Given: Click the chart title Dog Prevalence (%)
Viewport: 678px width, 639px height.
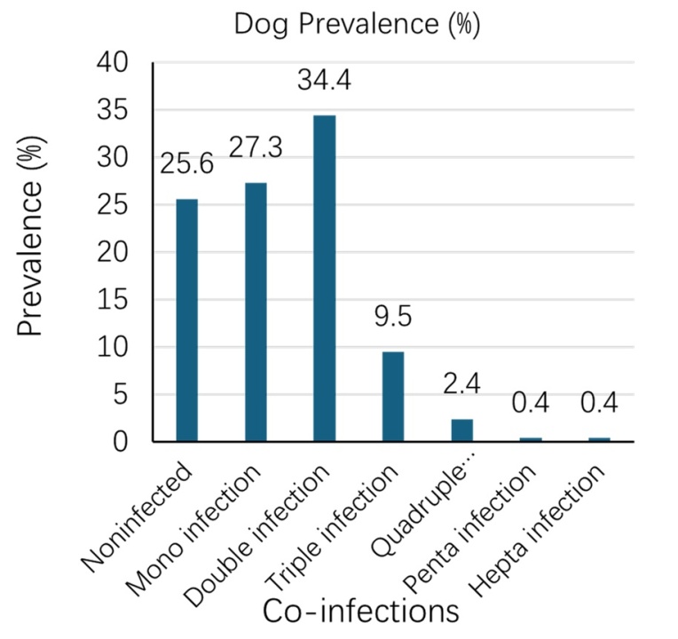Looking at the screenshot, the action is [x=357, y=24].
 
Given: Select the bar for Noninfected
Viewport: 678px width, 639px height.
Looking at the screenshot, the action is [x=186, y=320].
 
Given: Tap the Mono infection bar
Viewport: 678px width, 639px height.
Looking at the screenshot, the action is [x=256, y=312].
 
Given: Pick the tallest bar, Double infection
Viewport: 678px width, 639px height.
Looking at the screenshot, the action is [x=324, y=279].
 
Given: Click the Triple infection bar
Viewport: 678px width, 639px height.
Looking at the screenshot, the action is [x=393, y=397].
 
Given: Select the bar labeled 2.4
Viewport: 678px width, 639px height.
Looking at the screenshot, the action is [x=461, y=430].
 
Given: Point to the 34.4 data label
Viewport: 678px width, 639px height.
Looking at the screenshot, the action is [x=324, y=80].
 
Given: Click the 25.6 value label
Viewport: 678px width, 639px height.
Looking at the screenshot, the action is [x=186, y=164].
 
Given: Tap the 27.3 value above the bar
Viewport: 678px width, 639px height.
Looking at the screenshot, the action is [x=256, y=147].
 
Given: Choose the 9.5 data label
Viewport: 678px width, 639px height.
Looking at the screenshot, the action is [x=393, y=317].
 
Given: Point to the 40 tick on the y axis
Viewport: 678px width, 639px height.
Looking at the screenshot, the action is [x=113, y=63].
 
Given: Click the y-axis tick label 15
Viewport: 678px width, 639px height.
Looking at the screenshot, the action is [x=113, y=300].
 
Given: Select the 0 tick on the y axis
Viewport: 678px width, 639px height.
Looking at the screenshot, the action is [x=121, y=442].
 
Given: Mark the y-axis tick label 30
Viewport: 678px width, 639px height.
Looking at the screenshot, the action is [x=113, y=157].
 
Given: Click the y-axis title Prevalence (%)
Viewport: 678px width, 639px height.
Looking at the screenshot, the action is [x=30, y=235].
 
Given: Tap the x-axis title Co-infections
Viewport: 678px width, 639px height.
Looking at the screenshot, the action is [x=361, y=611].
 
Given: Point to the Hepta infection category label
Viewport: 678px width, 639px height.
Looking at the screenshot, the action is [x=537, y=530].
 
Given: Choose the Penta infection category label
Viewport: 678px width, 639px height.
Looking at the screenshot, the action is [x=470, y=529].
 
